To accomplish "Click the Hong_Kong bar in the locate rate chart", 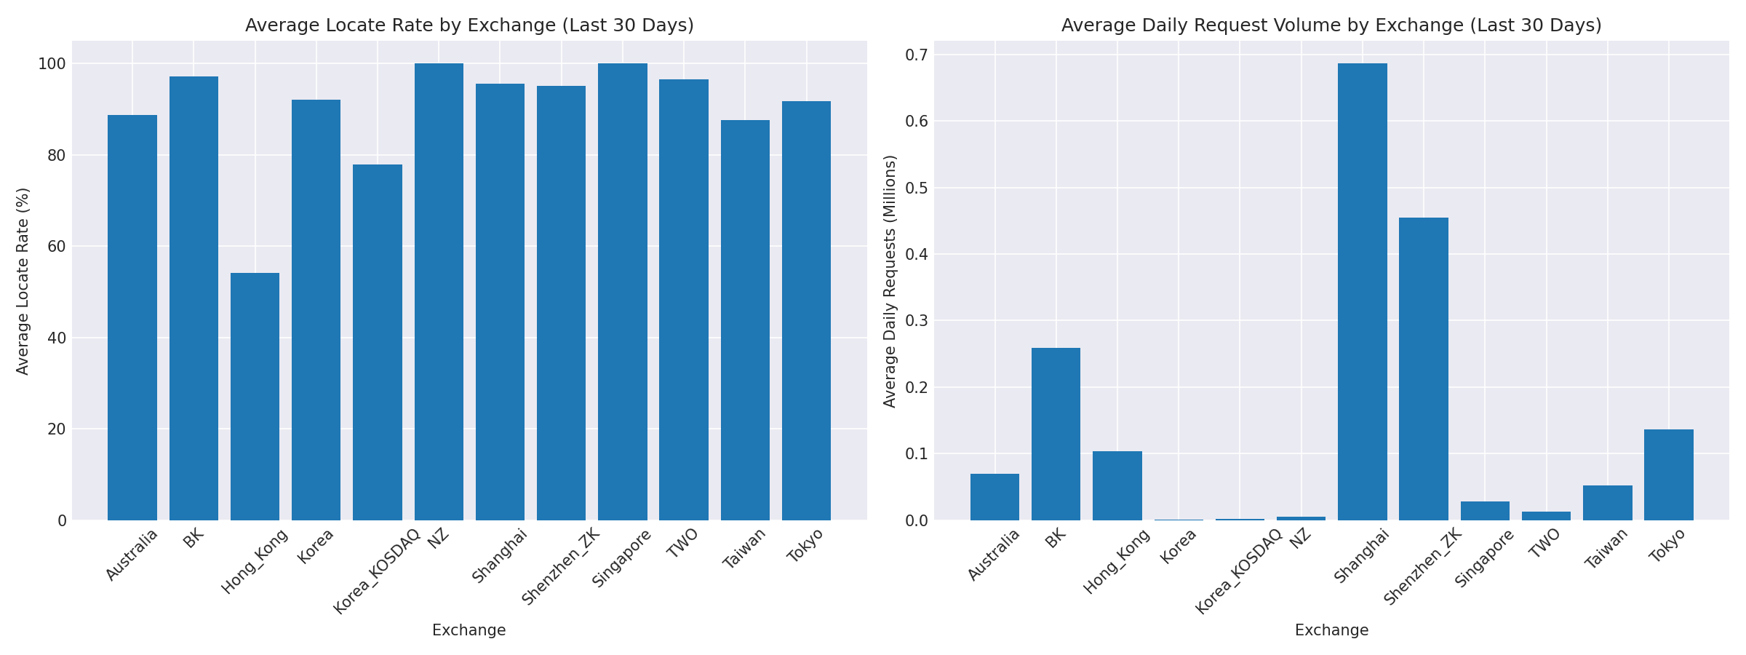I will (x=255, y=397).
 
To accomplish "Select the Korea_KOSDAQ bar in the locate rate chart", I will (x=377, y=342).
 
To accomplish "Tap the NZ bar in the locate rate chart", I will (x=439, y=291).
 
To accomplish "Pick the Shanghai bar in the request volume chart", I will (x=1362, y=291).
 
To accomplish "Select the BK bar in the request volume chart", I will (x=1056, y=434).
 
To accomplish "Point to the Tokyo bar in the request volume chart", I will (x=1668, y=475).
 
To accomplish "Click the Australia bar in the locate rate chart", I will (x=132, y=317).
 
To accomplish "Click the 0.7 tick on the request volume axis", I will (x=915, y=55).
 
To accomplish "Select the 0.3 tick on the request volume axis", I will (x=915, y=321).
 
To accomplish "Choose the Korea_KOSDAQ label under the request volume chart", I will (x=1238, y=571).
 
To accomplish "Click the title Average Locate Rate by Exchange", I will (x=469, y=25).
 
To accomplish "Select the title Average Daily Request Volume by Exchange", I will (x=1331, y=25).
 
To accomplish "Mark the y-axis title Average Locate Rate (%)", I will (x=23, y=281).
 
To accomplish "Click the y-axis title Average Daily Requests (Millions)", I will (x=890, y=281).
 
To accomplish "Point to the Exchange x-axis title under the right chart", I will (x=1331, y=631).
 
